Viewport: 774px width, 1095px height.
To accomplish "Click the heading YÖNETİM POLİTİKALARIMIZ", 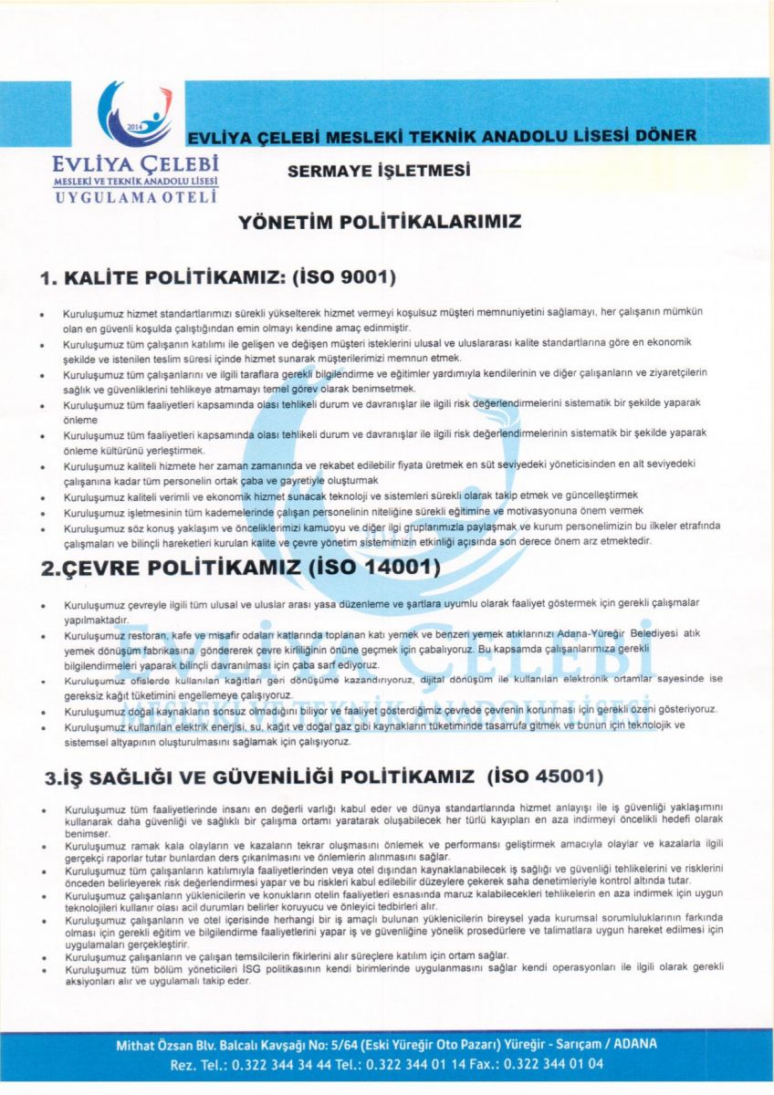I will [x=379, y=222].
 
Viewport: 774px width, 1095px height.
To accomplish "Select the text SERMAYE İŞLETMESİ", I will [x=378, y=171].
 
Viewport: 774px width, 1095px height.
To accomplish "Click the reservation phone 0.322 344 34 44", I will [x=268, y=1064].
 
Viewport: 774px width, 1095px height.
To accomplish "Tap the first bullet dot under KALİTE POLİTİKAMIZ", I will [x=44, y=313].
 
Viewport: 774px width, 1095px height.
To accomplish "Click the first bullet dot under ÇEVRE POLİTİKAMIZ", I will [x=44, y=606].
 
